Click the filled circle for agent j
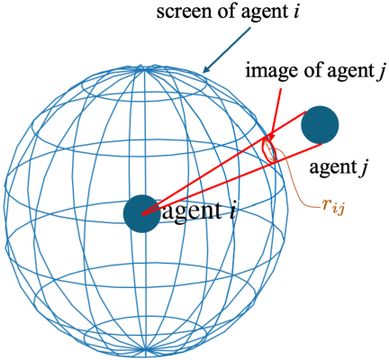320,124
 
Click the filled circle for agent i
142,213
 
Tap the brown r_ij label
333,207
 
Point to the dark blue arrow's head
205,69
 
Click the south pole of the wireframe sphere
146,349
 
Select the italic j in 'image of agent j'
379,73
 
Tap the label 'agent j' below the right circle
339,167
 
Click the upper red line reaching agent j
224,163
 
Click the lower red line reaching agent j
232,179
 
